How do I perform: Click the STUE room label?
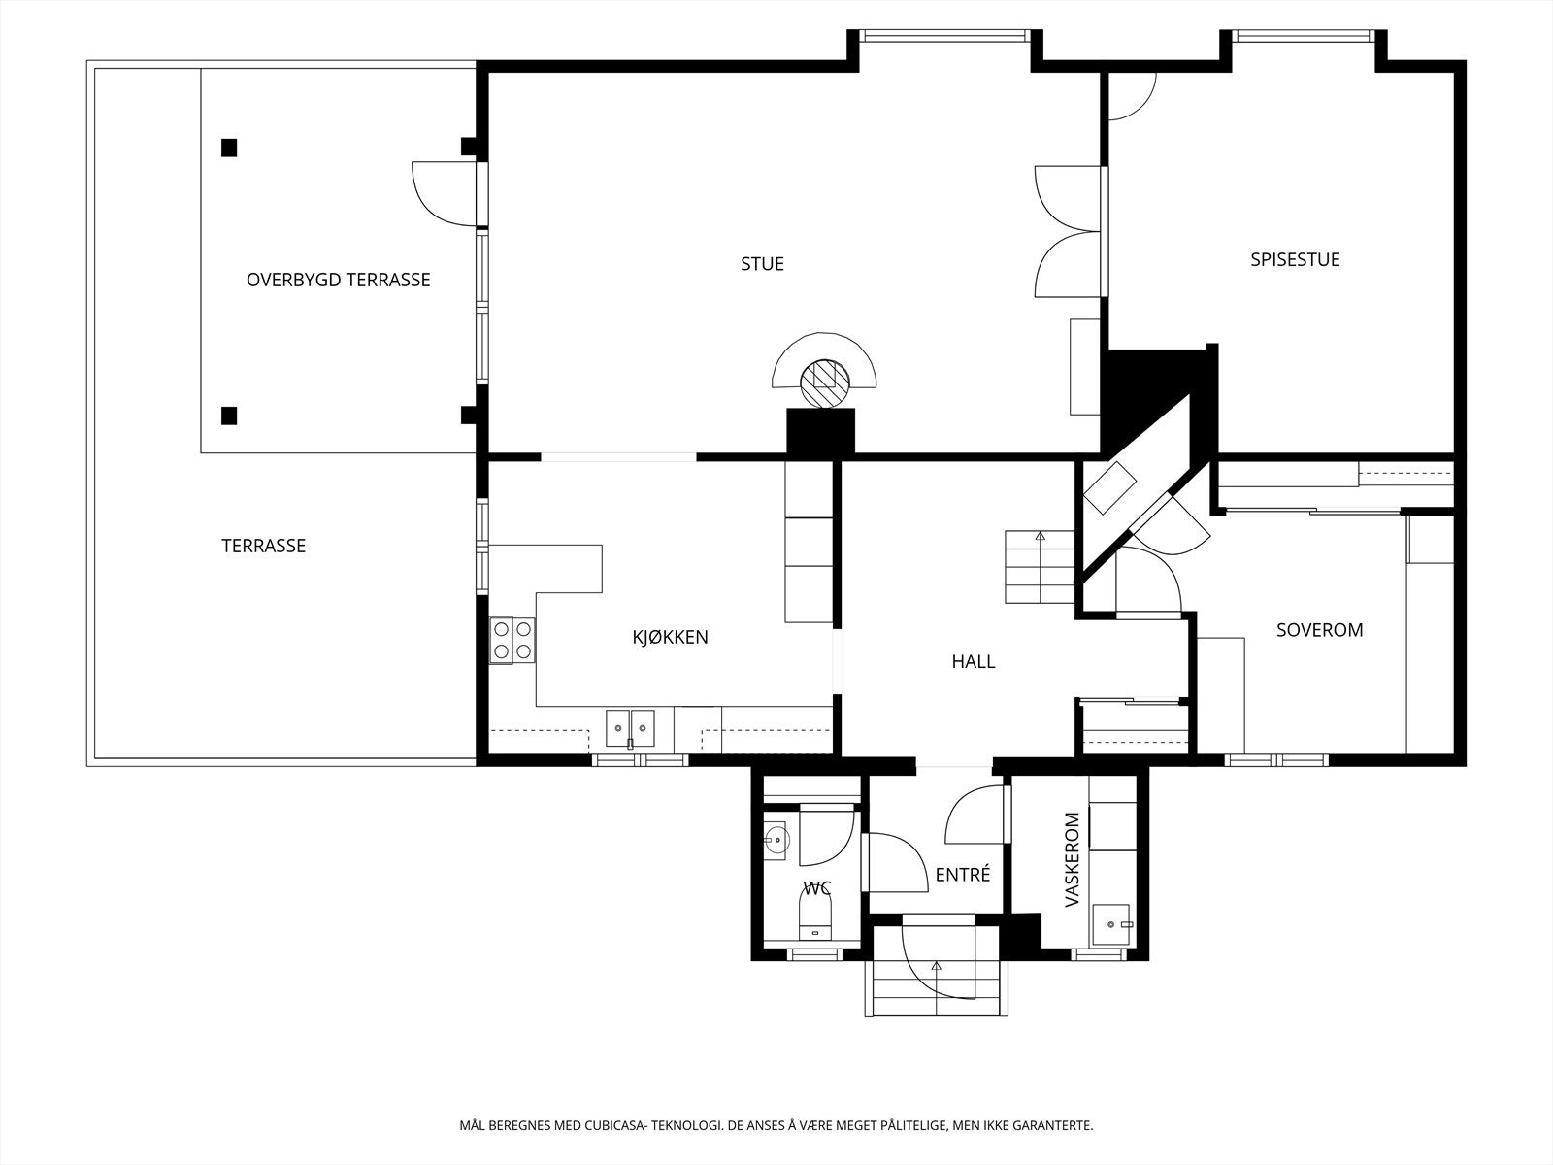[x=762, y=264]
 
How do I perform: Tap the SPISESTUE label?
[x=1295, y=259]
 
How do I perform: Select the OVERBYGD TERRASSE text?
[x=338, y=281]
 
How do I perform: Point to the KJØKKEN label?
[x=670, y=637]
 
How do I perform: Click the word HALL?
[x=973, y=661]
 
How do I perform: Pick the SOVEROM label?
[x=1319, y=630]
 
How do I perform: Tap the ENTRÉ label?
[x=962, y=875]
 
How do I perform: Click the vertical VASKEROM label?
[x=1073, y=859]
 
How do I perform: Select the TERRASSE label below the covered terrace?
[x=263, y=546]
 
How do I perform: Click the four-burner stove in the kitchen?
[x=512, y=640]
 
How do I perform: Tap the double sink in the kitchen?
[x=630, y=728]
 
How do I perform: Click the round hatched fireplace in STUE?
[x=824, y=383]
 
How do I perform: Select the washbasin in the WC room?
[x=776, y=841]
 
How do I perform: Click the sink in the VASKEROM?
[x=1111, y=924]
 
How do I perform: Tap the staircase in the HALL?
[x=1040, y=567]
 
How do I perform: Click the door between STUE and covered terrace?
[x=446, y=194]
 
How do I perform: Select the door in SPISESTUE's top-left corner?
[x=1132, y=96]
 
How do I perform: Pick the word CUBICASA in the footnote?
[x=614, y=1125]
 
